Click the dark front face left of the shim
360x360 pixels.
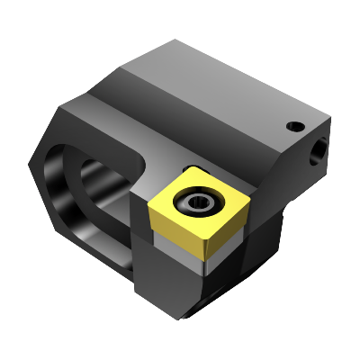pyautogui.click(x=148, y=270)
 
